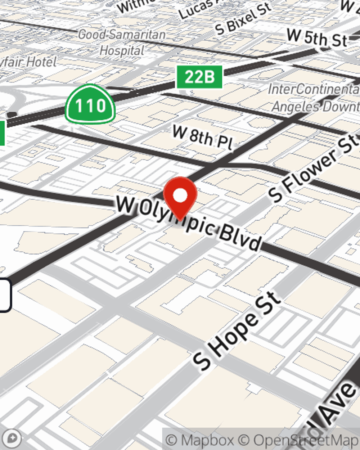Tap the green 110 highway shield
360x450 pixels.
point(90,105)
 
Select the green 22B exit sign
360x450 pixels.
point(199,77)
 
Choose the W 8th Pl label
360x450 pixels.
point(203,138)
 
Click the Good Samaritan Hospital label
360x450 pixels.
point(122,42)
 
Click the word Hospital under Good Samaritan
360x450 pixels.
point(122,50)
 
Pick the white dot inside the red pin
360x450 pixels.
point(180,195)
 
